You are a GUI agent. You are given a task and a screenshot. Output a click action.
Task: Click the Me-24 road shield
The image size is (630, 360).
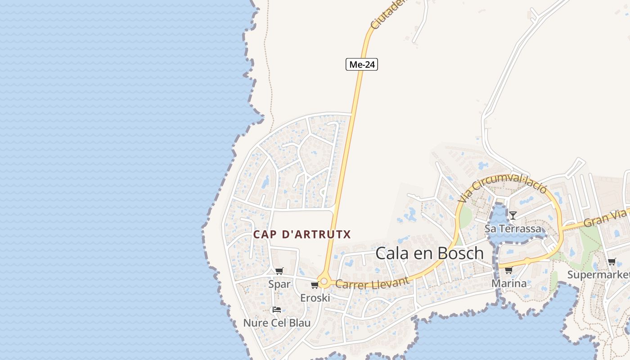click(x=361, y=64)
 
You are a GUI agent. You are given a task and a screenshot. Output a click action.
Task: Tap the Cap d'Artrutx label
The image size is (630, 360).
click(x=301, y=234)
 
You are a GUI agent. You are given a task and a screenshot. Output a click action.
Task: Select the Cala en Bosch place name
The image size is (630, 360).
click(x=429, y=253)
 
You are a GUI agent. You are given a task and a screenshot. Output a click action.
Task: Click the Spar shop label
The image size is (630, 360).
click(x=279, y=284)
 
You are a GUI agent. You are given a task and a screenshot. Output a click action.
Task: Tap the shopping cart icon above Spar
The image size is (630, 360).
click(x=279, y=271)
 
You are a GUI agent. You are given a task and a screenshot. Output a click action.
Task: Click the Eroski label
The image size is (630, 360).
click(x=315, y=298)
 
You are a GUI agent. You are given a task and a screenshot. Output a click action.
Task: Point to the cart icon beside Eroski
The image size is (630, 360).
click(x=315, y=285)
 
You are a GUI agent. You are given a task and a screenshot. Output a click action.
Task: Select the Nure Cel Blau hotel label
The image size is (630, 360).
click(x=276, y=323)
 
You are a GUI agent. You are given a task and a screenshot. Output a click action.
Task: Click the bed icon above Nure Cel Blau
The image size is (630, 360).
click(x=276, y=310)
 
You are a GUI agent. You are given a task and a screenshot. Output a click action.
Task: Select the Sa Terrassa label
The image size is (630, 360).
click(x=513, y=229)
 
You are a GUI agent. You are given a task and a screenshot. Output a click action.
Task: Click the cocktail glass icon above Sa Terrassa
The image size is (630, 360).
click(x=513, y=215)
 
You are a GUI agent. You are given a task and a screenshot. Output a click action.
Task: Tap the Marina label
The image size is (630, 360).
click(x=508, y=283)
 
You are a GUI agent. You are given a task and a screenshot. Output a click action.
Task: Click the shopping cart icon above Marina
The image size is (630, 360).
click(x=508, y=270)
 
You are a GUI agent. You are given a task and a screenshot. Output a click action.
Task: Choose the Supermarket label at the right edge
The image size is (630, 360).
click(x=598, y=274)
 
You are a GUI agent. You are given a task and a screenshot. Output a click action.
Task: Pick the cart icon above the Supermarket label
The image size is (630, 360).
click(x=612, y=261)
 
